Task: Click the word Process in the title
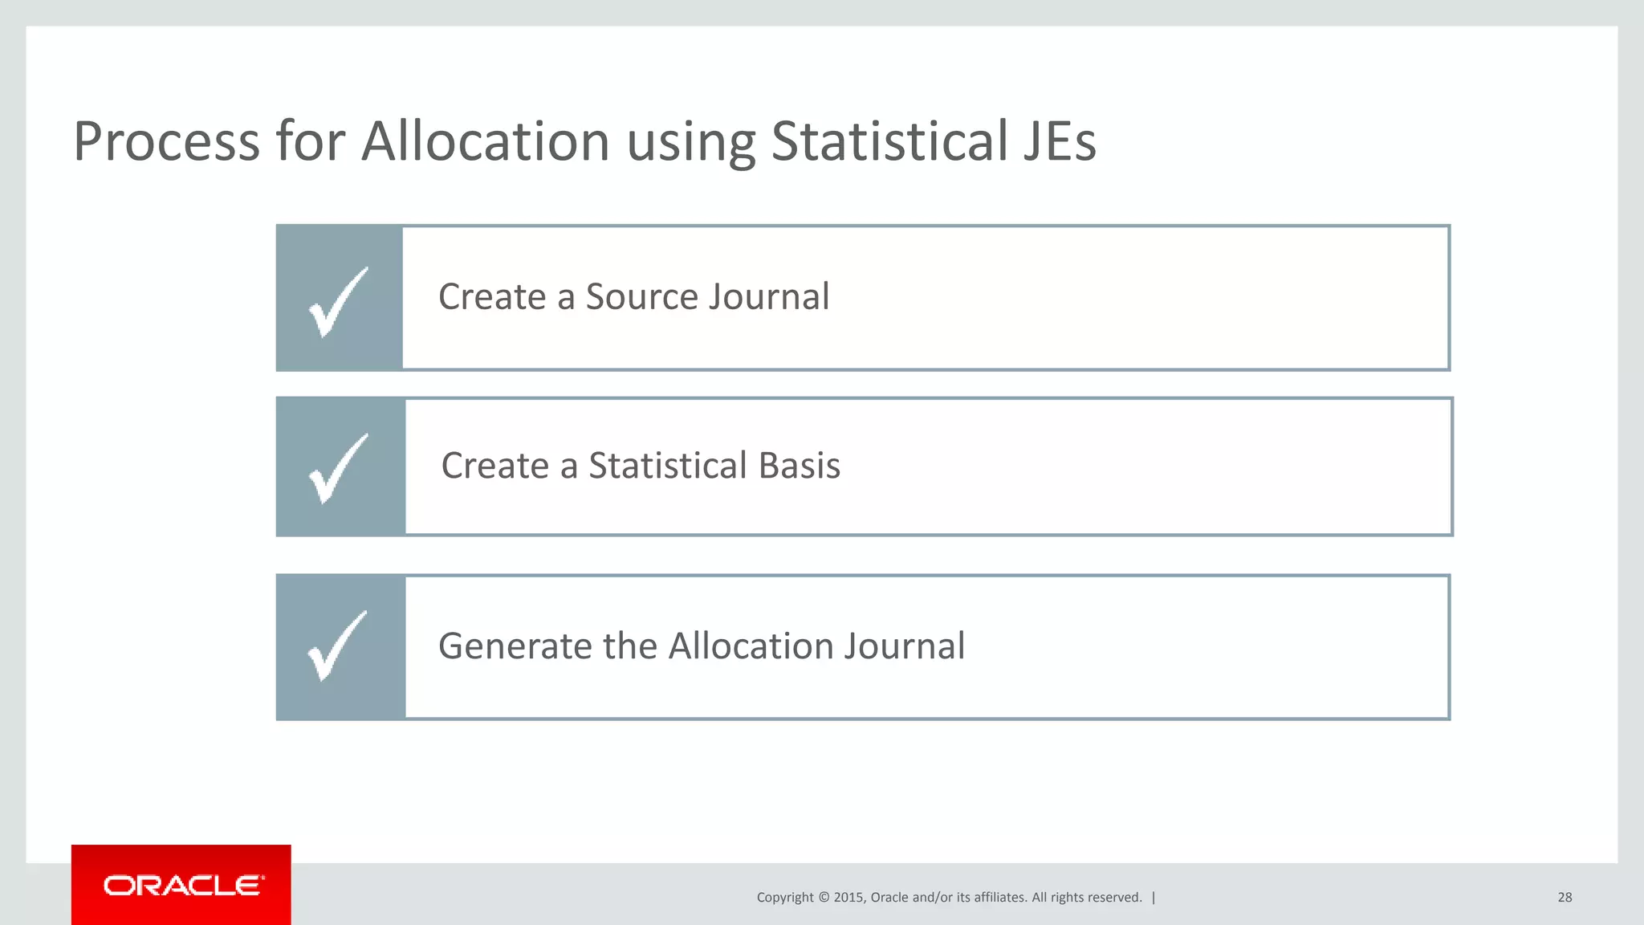pyautogui.click(x=166, y=142)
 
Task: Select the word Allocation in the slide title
pyautogui.click(x=486, y=142)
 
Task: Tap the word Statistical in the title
pyautogui.click(x=889, y=142)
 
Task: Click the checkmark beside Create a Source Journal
pyautogui.click(x=338, y=302)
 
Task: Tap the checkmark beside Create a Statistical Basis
pyautogui.click(x=338, y=468)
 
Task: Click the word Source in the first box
pyautogui.click(x=653, y=297)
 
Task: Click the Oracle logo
pyautogui.click(x=181, y=886)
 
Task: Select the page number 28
pyautogui.click(x=1565, y=897)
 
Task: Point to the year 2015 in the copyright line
pyautogui.click(x=848, y=897)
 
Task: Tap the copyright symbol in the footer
pyautogui.click(x=824, y=897)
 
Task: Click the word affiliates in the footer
pyautogui.click(x=999, y=897)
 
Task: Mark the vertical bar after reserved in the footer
pyautogui.click(x=1154, y=897)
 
